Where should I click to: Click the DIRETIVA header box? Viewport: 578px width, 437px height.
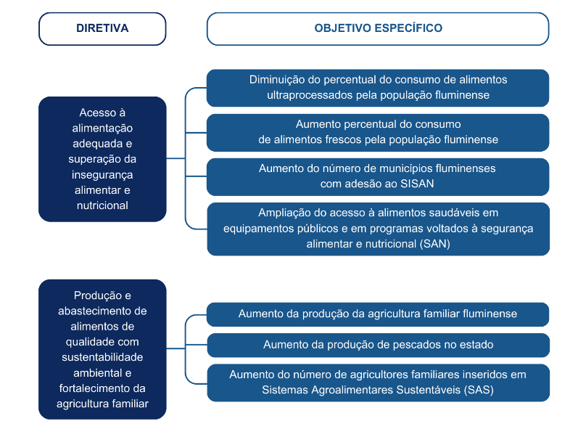click(x=102, y=29)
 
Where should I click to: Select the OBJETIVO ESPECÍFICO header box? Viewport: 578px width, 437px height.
click(x=378, y=29)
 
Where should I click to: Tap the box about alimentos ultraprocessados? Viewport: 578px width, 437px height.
click(x=378, y=88)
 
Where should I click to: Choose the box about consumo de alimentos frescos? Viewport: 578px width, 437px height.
click(x=378, y=132)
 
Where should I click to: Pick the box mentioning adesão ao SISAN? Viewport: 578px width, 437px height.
click(x=378, y=176)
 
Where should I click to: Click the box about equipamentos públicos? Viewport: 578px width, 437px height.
click(x=378, y=229)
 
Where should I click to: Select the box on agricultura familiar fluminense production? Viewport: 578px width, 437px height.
click(x=378, y=314)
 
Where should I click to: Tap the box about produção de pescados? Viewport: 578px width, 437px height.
click(x=378, y=345)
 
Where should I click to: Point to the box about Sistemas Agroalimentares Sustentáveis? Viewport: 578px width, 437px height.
click(x=378, y=383)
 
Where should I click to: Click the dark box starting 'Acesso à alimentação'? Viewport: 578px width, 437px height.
click(x=102, y=159)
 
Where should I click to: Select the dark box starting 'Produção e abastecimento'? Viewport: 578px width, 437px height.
click(x=102, y=349)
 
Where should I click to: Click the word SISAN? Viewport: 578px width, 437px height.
click(x=417, y=184)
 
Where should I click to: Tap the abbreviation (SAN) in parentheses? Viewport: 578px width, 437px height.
click(x=434, y=244)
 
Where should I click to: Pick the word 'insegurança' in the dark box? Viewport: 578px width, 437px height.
click(x=102, y=174)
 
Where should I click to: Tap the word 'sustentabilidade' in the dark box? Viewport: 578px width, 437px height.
click(x=102, y=357)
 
